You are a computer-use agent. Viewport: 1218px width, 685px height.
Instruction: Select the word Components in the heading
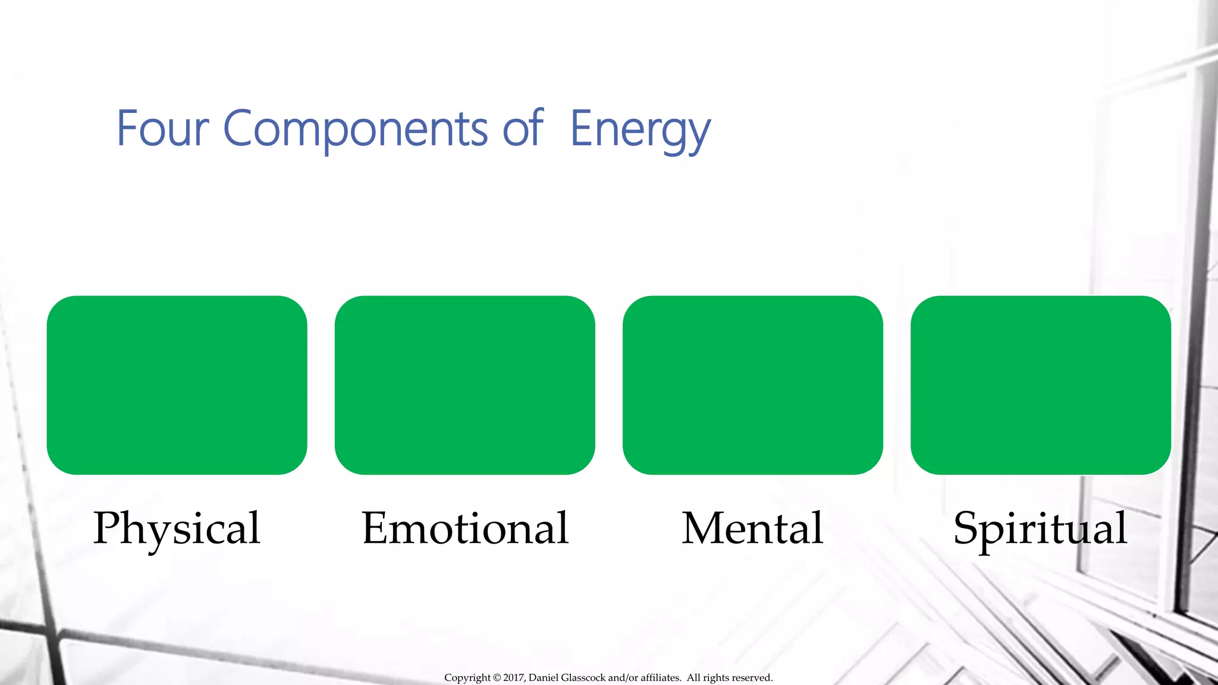tap(355, 129)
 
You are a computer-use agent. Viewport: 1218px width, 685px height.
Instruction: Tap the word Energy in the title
tap(640, 130)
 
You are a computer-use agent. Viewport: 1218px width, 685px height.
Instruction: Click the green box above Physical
tap(177, 385)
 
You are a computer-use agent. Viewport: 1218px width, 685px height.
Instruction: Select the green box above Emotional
tap(464, 385)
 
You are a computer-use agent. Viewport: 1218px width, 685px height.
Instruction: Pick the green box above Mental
tap(752, 385)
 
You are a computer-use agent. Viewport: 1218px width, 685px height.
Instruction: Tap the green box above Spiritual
tap(1040, 385)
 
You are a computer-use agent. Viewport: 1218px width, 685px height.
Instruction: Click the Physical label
tap(177, 529)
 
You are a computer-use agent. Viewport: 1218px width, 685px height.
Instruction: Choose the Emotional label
tap(465, 528)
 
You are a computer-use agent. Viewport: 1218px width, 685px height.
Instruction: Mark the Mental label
tap(752, 528)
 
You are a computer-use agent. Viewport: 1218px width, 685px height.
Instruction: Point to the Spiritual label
tap(1040, 529)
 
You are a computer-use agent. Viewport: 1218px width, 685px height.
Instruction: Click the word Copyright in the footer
tap(467, 678)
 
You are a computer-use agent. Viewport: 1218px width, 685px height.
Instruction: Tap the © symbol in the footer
tap(497, 678)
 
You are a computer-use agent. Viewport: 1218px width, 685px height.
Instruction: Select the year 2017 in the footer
tap(514, 678)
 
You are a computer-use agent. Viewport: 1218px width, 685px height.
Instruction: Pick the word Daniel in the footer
tap(544, 678)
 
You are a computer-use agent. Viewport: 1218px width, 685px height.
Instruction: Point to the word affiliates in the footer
tap(660, 678)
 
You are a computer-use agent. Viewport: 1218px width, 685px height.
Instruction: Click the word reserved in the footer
tap(752, 678)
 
